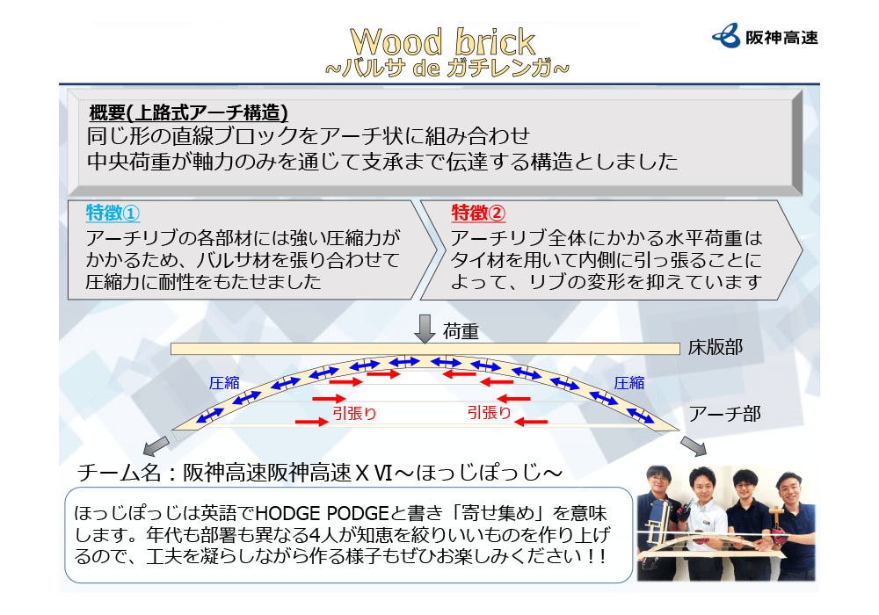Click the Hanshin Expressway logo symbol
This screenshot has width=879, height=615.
click(x=726, y=36)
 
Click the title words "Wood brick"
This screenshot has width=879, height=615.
click(x=442, y=42)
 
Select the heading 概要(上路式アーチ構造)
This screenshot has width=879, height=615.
click(x=188, y=112)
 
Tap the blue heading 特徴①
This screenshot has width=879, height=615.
click(x=113, y=213)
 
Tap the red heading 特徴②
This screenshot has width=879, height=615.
click(x=478, y=213)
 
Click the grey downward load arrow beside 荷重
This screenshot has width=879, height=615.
click(x=425, y=329)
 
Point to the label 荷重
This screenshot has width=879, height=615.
click(x=461, y=331)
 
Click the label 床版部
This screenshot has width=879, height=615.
click(x=716, y=347)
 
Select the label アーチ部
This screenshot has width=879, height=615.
click(x=725, y=414)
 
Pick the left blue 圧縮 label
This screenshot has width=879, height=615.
click(x=224, y=383)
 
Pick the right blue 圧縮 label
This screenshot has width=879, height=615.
click(x=629, y=383)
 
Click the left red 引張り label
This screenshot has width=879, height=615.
click(x=355, y=413)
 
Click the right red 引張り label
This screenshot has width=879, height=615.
click(x=490, y=413)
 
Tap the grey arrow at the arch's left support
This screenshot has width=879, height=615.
click(x=156, y=445)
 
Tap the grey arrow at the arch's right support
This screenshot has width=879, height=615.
click(x=694, y=445)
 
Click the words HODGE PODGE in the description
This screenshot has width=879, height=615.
click(x=322, y=513)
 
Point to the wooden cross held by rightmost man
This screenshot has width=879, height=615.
click(x=776, y=519)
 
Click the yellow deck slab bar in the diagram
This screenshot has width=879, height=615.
click(x=425, y=349)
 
